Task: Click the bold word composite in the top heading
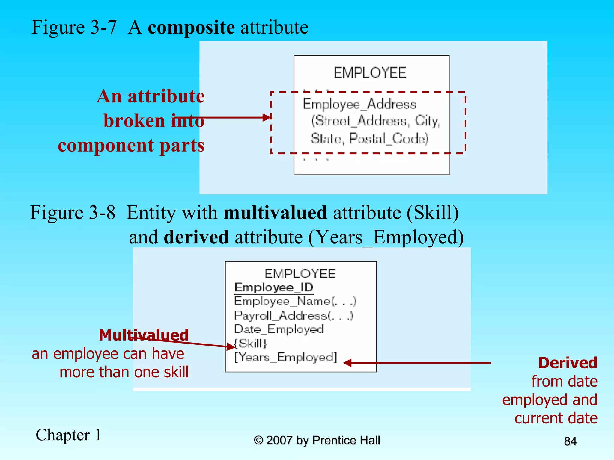[191, 28]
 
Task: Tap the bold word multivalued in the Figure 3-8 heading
[275, 213]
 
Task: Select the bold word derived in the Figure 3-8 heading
[196, 237]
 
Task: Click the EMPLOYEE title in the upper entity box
[370, 73]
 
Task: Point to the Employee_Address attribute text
[359, 104]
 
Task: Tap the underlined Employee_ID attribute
[274, 287]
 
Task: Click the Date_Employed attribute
[279, 329]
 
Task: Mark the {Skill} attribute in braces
[250, 343]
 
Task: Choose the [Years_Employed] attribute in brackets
[286, 357]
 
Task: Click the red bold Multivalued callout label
[144, 335]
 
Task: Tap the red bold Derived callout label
[568, 363]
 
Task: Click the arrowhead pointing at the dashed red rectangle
[267, 117]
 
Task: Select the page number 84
[570, 441]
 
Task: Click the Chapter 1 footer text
[69, 435]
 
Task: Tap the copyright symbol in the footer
[258, 440]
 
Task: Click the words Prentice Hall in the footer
[346, 440]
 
